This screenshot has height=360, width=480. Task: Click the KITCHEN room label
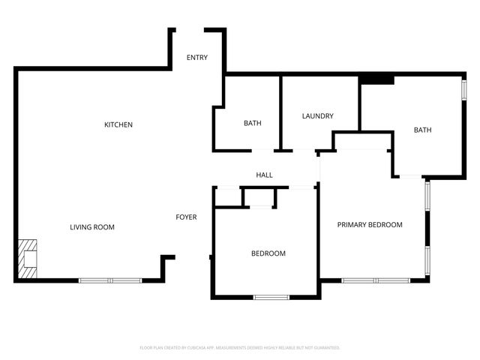click(118, 124)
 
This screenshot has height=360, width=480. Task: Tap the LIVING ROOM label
click(92, 227)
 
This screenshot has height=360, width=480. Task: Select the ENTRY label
click(197, 58)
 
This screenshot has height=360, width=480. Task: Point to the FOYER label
click(186, 217)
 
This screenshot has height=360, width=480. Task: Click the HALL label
click(264, 175)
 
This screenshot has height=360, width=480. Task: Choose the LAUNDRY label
click(317, 116)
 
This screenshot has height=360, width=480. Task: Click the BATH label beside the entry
click(252, 124)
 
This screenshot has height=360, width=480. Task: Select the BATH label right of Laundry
click(422, 130)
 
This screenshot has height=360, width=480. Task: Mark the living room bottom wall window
click(110, 280)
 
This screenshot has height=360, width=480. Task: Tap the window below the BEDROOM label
click(271, 298)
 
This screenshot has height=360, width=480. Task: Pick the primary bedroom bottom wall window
click(376, 280)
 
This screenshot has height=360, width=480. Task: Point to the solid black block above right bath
click(376, 79)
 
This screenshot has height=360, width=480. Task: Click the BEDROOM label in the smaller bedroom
click(268, 253)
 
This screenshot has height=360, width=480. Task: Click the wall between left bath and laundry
click(280, 112)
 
